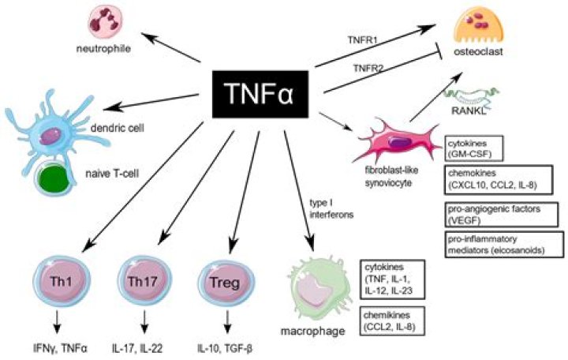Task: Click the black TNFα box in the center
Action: tap(260, 94)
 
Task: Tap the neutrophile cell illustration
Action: tap(105, 22)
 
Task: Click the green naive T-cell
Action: tap(53, 175)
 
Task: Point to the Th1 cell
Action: tap(62, 281)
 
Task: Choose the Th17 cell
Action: tap(144, 281)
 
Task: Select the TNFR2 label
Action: tap(368, 67)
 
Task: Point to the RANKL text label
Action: tap(469, 111)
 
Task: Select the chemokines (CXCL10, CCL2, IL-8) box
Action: tap(499, 179)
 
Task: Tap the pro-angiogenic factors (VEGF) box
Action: tap(501, 214)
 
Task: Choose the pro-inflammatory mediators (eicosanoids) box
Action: tap(504, 245)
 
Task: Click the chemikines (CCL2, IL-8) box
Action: tap(392, 321)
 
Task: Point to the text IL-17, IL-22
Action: tap(137, 349)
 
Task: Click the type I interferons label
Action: tap(331, 208)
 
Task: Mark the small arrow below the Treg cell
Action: tap(227, 321)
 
